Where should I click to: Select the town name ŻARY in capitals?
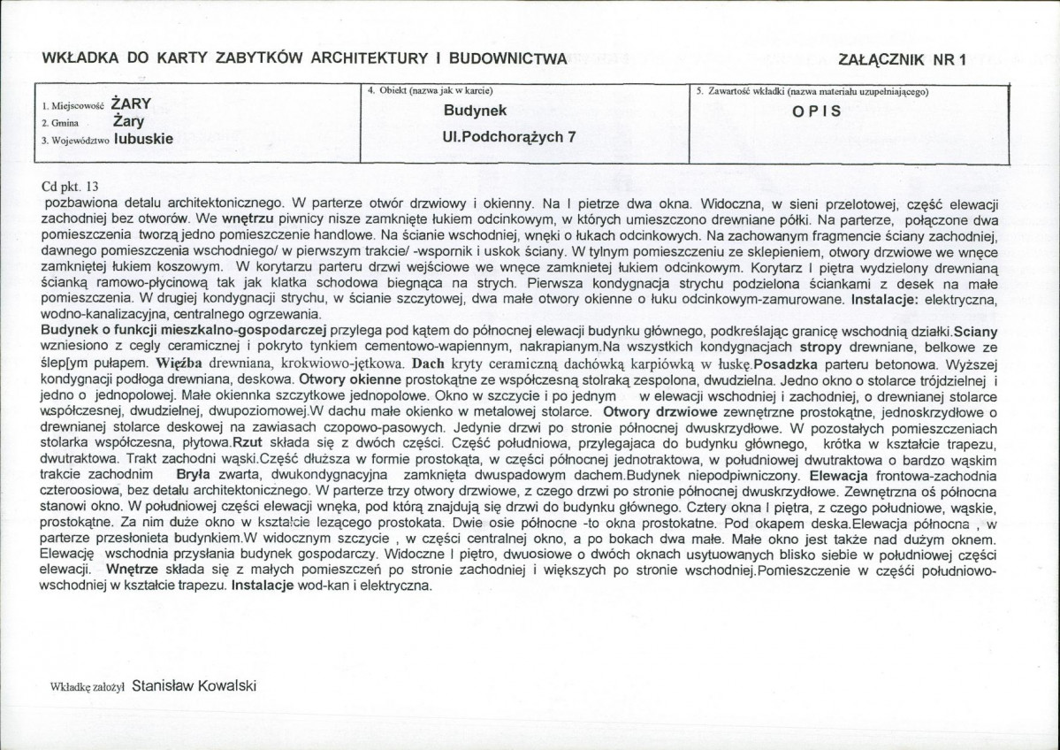pyautogui.click(x=131, y=103)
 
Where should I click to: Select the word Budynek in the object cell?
pyautogui.click(x=476, y=111)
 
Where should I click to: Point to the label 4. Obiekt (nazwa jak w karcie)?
pyautogui.click(x=430, y=91)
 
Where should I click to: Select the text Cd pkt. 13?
pyautogui.click(x=71, y=187)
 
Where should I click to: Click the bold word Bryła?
pyautogui.click(x=195, y=474)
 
